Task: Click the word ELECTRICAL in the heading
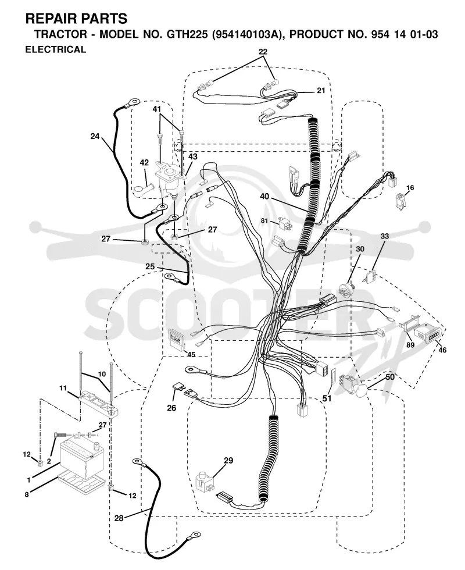pos(56,49)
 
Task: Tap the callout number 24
pos(95,136)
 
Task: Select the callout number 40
pos(264,197)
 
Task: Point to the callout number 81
pos(264,220)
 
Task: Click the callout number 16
pos(410,187)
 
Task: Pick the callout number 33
pos(384,236)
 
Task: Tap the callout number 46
pos(442,350)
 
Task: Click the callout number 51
pos(327,398)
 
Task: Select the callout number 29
pos(228,461)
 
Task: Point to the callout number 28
pos(119,518)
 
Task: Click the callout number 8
pos(27,494)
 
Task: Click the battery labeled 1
pos(82,459)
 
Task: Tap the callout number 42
pos(144,162)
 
